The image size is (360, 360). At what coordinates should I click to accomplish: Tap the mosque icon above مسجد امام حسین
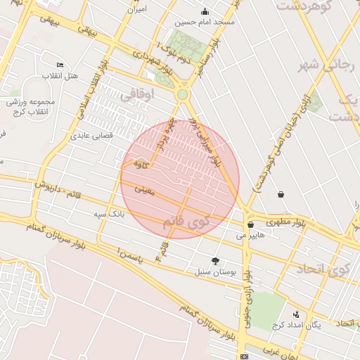pyautogui.click(x=205, y=11)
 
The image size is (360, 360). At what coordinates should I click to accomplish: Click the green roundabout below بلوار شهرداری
pyautogui.click(x=182, y=94)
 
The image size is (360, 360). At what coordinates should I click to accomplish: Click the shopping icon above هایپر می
pyautogui.click(x=250, y=225)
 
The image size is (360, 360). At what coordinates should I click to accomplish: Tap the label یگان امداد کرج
pyautogui.click(x=296, y=325)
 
